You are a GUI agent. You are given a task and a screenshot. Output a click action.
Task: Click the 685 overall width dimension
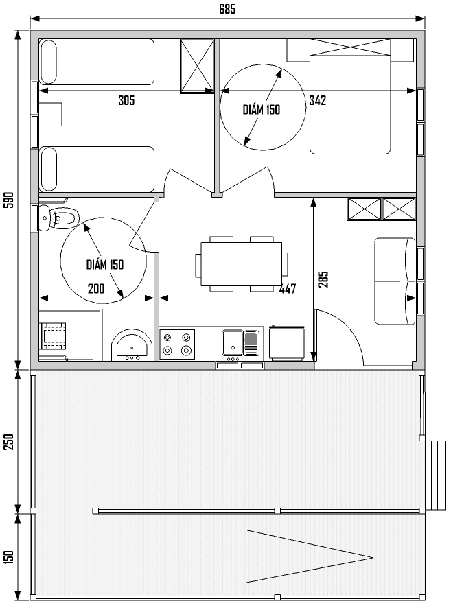coord(227,9)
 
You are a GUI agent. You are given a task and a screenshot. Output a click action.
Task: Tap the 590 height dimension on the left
coord(8,200)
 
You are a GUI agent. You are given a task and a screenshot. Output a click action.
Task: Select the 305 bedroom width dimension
coord(126,100)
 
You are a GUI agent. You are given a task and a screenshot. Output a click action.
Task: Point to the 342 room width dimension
coord(318,100)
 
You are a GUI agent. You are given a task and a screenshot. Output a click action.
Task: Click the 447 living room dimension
coord(288,289)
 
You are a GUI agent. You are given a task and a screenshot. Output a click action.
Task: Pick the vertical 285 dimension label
coord(323,279)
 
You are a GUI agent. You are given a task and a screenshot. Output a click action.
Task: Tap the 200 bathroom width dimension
coord(96,289)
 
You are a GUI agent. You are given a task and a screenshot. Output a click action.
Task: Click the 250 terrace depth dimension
coord(8,443)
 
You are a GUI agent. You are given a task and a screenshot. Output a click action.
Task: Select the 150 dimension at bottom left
coord(8,557)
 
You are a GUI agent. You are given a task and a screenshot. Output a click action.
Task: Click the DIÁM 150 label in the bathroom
coord(104,265)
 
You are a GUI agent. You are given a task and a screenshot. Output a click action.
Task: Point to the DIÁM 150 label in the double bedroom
coord(261,110)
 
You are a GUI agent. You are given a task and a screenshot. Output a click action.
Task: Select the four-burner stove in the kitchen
coord(177,344)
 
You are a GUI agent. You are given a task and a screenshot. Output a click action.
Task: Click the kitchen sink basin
coord(233,342)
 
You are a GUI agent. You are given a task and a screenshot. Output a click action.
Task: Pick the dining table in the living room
coord(241,264)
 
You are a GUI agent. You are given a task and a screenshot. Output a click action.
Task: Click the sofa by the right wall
coord(395,281)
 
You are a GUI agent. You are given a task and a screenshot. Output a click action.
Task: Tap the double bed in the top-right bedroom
coord(350,97)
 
